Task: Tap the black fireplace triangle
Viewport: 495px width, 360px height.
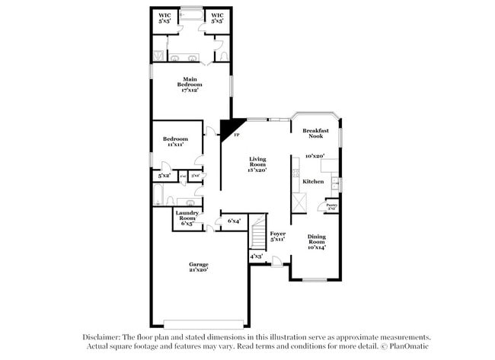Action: click(x=229, y=126)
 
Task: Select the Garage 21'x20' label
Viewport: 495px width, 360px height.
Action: click(x=199, y=266)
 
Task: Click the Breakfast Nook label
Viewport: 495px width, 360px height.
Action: click(x=315, y=133)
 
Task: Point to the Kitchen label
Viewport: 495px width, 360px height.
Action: click(x=313, y=182)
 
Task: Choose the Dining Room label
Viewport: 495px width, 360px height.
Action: click(x=316, y=241)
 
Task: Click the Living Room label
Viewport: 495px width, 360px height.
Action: click(x=257, y=164)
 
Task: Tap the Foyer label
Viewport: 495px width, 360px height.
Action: click(x=277, y=237)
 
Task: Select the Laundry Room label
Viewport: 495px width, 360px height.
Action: click(x=187, y=218)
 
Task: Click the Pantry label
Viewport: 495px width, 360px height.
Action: click(x=332, y=205)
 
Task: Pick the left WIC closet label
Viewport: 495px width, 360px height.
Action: click(x=164, y=18)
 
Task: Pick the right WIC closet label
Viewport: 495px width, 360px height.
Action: click(x=217, y=18)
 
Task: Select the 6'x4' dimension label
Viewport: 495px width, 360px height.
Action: click(x=234, y=221)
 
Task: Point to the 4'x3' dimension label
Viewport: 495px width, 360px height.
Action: click(x=256, y=256)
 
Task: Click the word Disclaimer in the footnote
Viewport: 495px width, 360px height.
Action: click(x=101, y=337)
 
